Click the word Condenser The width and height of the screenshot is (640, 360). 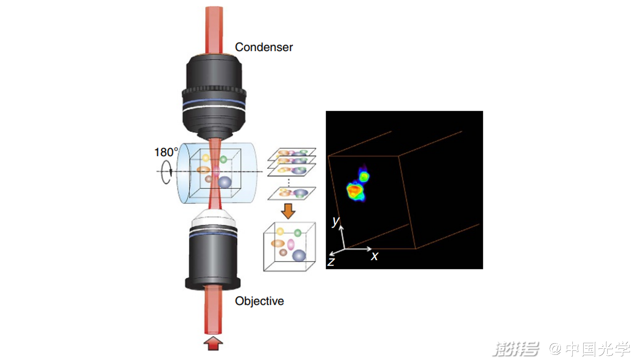tap(264, 47)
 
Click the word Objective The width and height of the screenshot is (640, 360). tap(259, 301)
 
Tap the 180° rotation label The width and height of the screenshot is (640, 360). tap(166, 152)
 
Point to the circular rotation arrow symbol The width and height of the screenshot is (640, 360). tap(166, 172)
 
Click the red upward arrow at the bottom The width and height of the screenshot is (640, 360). tap(213, 344)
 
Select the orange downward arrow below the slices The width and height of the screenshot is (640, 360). tap(288, 211)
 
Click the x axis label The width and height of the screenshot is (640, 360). tap(374, 256)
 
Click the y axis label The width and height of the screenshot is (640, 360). tap(336, 221)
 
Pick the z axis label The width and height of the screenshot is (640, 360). tap(331, 262)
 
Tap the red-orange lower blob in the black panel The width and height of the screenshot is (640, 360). tap(354, 190)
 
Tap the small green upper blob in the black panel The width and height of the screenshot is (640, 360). tap(364, 176)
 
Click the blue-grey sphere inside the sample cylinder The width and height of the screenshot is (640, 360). tap(225, 182)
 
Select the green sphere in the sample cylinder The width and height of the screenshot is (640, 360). tap(223, 159)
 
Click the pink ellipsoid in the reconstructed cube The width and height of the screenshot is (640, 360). tap(291, 244)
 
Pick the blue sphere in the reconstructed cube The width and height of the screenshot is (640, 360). tap(299, 255)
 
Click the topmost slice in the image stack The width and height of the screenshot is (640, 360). tap(292, 152)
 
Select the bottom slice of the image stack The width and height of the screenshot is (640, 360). tap(292, 193)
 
